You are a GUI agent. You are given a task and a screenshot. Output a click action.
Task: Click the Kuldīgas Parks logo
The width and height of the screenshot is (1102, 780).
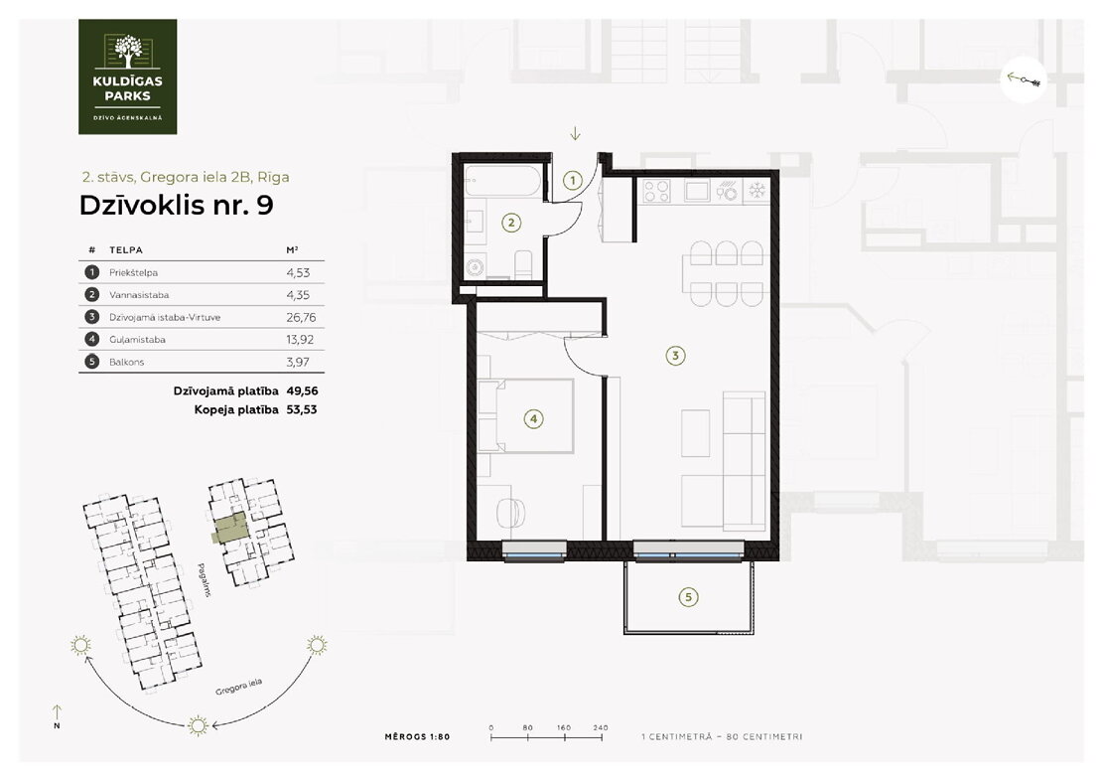coord(127,77)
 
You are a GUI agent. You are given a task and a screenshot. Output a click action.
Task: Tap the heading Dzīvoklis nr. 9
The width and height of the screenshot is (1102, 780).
coord(176,206)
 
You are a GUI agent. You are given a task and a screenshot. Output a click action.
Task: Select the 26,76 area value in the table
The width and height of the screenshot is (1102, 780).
coord(301,317)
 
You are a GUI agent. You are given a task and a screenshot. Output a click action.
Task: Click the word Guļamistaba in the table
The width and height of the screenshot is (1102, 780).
coord(137,340)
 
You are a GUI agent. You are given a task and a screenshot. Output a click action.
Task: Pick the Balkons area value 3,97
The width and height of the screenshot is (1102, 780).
coord(298,363)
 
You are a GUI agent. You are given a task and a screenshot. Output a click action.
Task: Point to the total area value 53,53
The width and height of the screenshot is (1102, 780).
coord(302,409)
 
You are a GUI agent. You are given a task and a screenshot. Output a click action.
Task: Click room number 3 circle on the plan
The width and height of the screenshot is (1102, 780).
coord(675,356)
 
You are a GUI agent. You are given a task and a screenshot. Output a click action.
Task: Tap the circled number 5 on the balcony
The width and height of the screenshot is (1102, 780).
coord(688,598)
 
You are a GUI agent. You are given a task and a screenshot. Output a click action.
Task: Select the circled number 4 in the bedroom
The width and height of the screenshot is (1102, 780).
coord(533,419)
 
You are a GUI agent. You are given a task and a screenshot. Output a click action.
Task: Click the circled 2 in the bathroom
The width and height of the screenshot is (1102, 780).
coord(511,224)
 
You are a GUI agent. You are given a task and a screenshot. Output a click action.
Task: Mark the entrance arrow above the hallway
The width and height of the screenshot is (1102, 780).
coord(575,133)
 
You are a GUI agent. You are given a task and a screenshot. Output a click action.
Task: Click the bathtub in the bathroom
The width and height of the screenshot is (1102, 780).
coord(503,182)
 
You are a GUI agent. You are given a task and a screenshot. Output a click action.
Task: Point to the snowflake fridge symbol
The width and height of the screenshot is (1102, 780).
coord(758,190)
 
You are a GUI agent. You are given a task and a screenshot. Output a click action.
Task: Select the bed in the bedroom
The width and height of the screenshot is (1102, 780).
coord(525,415)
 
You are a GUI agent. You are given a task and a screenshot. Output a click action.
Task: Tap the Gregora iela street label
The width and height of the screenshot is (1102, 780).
coord(239,688)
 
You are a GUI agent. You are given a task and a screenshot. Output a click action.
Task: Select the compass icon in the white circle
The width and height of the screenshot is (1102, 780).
coord(1024,79)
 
